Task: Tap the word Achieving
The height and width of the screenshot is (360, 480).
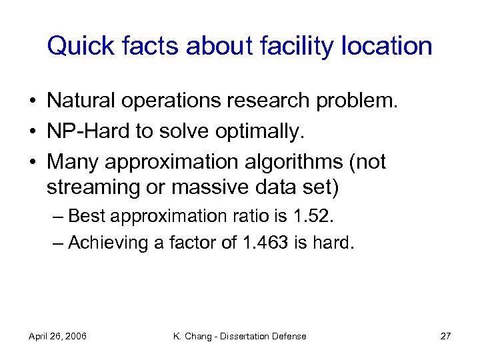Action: (109, 244)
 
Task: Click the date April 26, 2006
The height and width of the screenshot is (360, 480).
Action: (57, 336)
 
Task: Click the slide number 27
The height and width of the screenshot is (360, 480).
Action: (445, 336)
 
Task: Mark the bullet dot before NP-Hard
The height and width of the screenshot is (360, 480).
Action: (33, 132)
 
